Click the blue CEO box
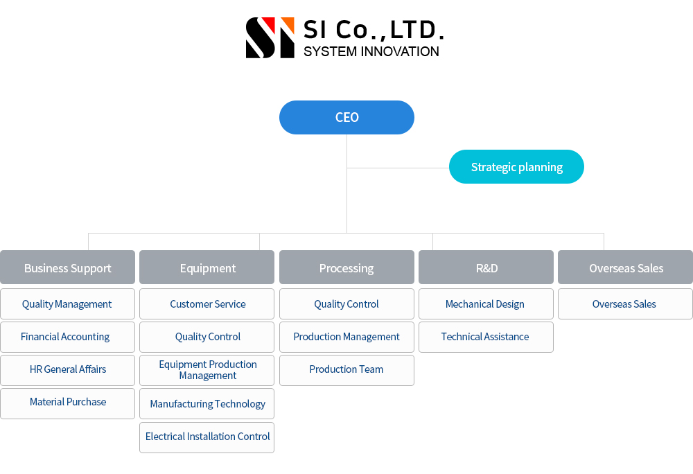pyautogui.click(x=346, y=118)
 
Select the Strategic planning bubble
pyautogui.click(x=516, y=166)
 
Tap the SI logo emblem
pyautogui.click(x=270, y=37)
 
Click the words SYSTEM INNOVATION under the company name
pyautogui.click(x=371, y=52)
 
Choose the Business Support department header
pyautogui.click(x=68, y=267)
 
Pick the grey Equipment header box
pyautogui.click(x=207, y=267)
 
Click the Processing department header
pyautogui.click(x=346, y=267)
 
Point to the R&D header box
pyautogui.click(x=486, y=267)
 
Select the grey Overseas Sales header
pyautogui.click(x=625, y=267)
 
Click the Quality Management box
pyautogui.click(x=68, y=304)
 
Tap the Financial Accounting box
pyautogui.click(x=68, y=337)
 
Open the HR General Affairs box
pyautogui.click(x=68, y=370)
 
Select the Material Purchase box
pyautogui.click(x=68, y=403)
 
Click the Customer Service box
pyautogui.click(x=207, y=304)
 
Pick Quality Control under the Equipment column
pyautogui.click(x=207, y=337)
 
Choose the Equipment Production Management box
pyautogui.click(x=207, y=370)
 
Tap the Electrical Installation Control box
pyautogui.click(x=207, y=437)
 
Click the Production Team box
pyautogui.click(x=346, y=370)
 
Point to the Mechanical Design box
pyautogui.click(x=486, y=304)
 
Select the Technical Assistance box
pyautogui.click(x=486, y=337)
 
